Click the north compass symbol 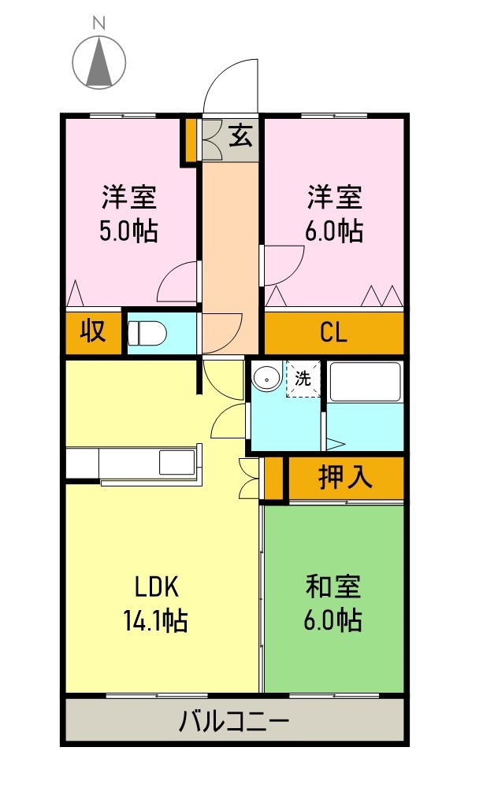(100, 61)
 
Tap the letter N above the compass (100, 24)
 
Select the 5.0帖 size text (129, 231)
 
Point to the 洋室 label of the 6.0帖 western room (334, 197)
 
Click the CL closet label (333, 334)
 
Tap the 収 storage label (93, 332)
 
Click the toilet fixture (147, 334)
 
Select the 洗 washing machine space (303, 379)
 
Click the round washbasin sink (268, 379)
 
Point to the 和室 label (333, 588)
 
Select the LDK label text (158, 587)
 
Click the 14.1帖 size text (154, 622)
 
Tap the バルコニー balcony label (234, 720)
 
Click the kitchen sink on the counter (176, 462)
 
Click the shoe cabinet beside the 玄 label (213, 140)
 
